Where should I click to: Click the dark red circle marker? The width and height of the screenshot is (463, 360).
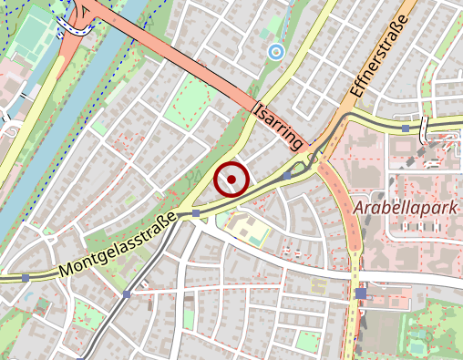(231, 179)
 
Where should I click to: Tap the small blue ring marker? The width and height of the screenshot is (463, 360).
(275, 53)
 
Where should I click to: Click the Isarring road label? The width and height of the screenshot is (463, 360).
(279, 126)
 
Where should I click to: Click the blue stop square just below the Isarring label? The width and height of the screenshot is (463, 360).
(288, 175)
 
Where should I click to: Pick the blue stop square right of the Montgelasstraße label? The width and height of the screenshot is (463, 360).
(196, 212)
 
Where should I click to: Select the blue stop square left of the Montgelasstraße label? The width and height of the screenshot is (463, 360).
(26, 276)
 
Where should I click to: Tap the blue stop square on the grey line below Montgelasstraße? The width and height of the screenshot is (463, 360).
(128, 294)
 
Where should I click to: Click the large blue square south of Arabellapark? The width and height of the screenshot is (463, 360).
(362, 293)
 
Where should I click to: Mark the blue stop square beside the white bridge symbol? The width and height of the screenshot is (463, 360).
(405, 129)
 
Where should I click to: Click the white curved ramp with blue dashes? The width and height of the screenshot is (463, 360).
(73, 27)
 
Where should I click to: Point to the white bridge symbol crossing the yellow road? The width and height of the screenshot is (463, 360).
(426, 129)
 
